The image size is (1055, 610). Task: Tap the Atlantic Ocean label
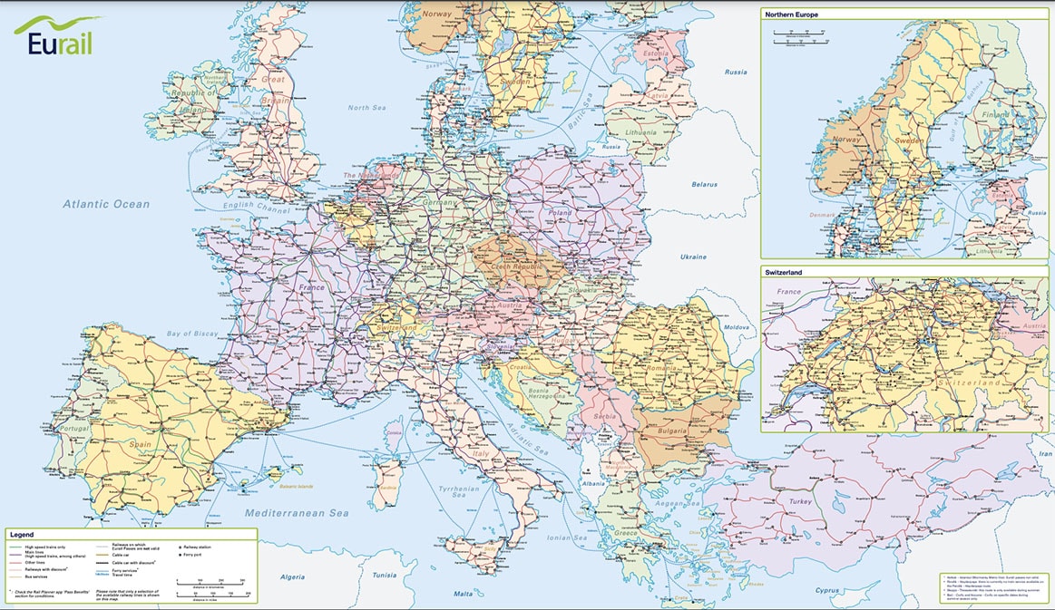click(x=105, y=204)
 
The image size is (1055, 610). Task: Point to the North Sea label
click(x=366, y=108)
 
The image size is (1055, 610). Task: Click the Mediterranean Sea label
click(x=297, y=513)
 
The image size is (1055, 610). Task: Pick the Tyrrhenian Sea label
click(x=459, y=490)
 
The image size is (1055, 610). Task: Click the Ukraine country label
click(x=693, y=257)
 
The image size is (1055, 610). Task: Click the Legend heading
click(x=22, y=536)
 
